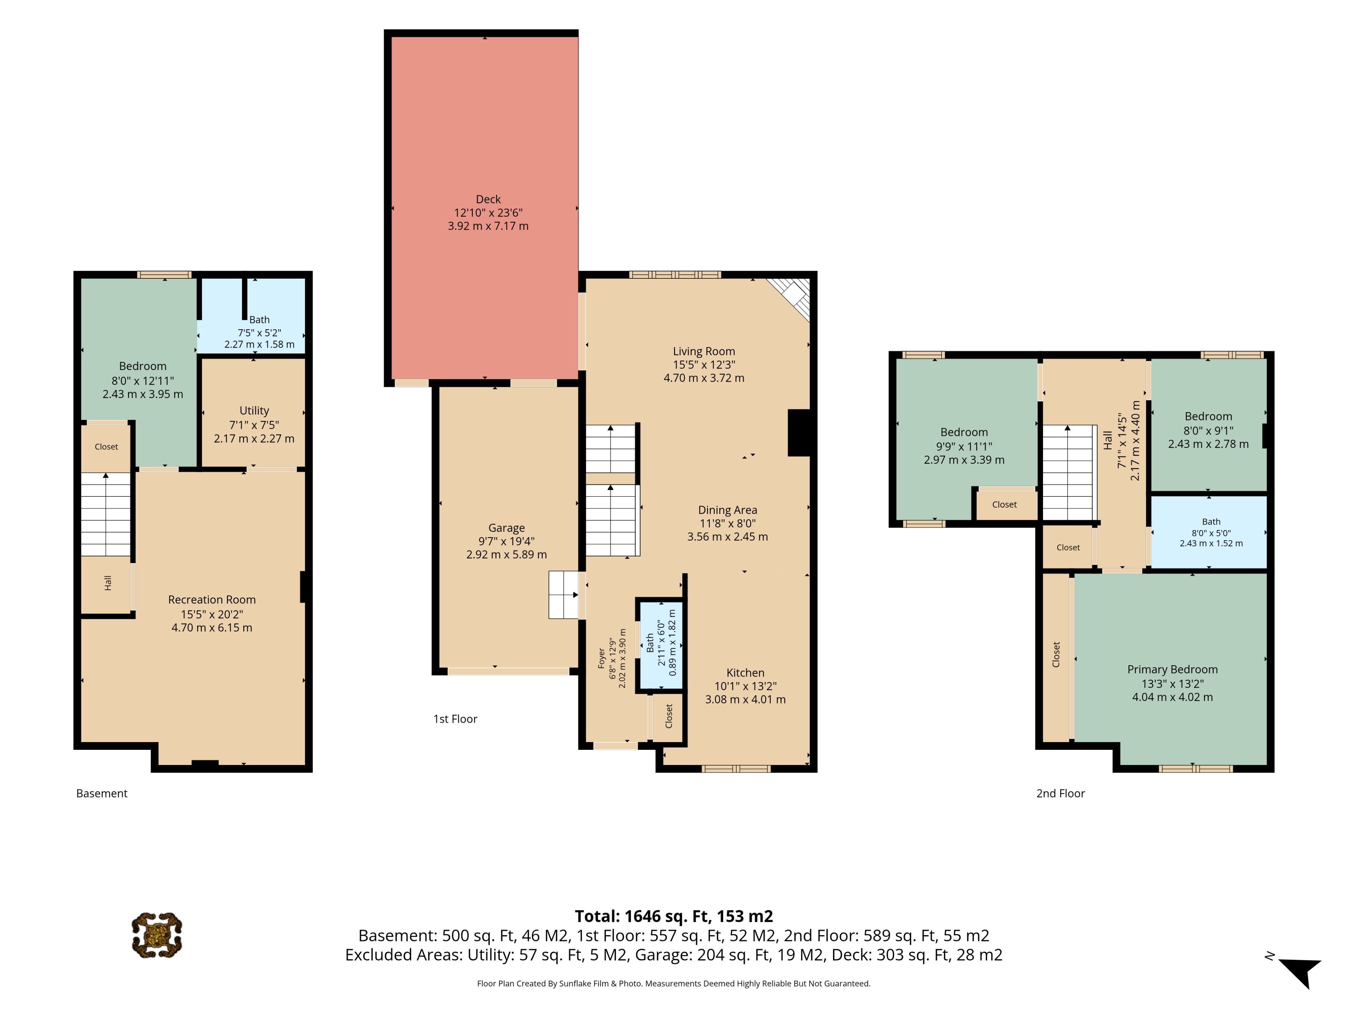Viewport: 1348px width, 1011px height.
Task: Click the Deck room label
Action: coord(488,199)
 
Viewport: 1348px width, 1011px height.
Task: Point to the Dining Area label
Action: coord(728,510)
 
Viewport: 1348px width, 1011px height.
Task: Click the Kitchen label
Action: coord(745,673)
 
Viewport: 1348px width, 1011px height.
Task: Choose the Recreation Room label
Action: coord(212,600)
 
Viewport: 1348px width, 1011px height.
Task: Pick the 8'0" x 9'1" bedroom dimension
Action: coord(1208,430)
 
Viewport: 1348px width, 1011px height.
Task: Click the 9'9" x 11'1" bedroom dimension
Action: coord(964,446)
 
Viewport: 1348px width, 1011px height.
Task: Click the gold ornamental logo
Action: coord(157,935)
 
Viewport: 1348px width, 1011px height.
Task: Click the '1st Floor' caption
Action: coord(455,719)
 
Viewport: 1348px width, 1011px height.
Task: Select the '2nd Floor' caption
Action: coord(1060,793)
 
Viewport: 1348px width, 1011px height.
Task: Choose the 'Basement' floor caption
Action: coord(102,793)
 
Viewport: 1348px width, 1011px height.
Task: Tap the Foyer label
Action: coord(601,659)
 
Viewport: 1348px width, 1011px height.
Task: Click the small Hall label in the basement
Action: coord(108,583)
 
